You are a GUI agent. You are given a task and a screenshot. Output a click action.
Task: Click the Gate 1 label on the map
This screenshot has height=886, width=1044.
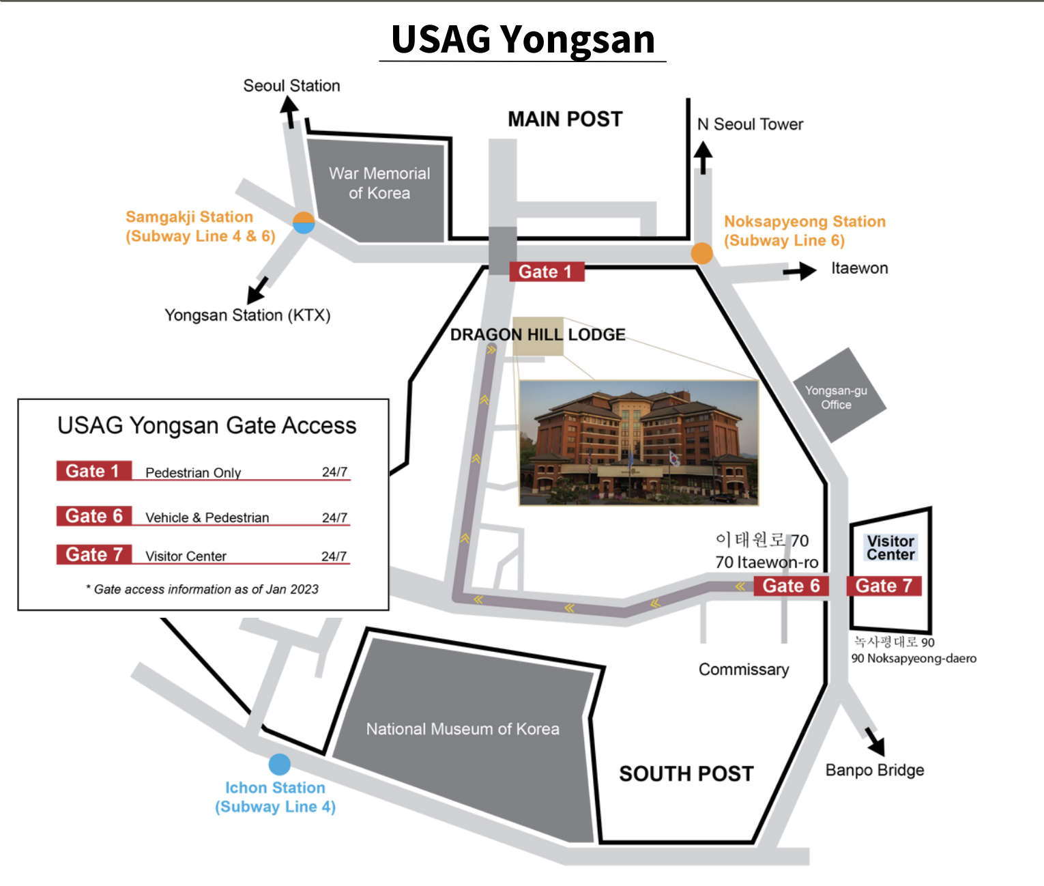[x=547, y=272]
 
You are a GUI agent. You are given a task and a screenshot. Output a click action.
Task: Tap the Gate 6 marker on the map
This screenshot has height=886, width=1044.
[x=791, y=586]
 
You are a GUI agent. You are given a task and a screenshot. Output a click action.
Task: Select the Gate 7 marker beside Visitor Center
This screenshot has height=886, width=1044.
[x=884, y=586]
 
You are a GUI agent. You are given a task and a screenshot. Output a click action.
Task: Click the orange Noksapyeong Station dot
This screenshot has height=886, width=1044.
[x=701, y=253]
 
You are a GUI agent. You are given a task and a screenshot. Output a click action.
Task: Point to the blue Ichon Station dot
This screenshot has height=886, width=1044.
[x=279, y=764]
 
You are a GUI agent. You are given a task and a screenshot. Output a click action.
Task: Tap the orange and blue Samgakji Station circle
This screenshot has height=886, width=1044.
[x=304, y=223]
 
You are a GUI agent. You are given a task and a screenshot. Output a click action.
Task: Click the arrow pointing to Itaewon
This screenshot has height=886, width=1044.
[x=800, y=271]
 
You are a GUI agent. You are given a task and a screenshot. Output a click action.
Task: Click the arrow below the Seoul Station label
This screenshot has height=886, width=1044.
[x=289, y=112]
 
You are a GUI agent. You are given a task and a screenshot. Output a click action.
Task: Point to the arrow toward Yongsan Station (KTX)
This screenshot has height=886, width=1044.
[x=258, y=290]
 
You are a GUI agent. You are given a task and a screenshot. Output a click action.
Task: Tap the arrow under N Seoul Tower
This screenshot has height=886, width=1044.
[x=703, y=158]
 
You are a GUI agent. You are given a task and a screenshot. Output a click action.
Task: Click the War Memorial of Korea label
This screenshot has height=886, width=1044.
[x=379, y=183]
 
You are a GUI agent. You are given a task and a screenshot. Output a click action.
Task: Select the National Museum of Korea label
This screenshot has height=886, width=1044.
[x=463, y=729]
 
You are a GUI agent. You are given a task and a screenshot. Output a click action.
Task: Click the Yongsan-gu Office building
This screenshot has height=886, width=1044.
[x=839, y=395]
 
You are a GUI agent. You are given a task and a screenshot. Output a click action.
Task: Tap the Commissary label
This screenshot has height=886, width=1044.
[x=744, y=670]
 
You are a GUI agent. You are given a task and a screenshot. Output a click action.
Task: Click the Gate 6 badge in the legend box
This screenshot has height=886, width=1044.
[x=94, y=516]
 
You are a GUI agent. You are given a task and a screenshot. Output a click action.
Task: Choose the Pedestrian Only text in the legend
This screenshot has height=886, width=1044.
[x=193, y=473]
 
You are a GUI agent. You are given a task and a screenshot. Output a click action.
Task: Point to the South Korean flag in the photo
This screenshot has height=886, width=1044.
[x=674, y=459]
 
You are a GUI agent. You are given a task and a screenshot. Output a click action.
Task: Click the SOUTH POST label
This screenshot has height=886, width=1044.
[x=686, y=774]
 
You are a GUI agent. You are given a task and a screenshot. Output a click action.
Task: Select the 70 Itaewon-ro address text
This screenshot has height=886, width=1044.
[x=767, y=562]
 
